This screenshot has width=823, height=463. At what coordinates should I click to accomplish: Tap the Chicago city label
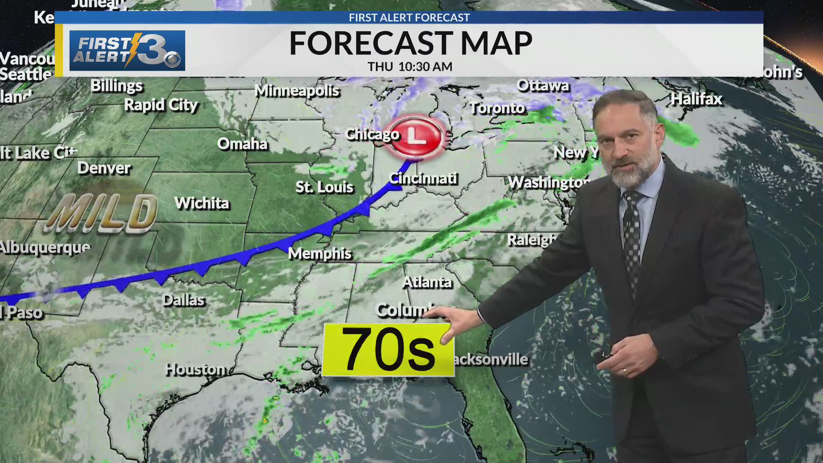[x=372, y=135]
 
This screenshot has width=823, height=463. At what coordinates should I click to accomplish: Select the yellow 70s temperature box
[x=387, y=350]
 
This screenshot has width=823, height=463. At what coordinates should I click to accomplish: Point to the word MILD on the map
[x=102, y=213]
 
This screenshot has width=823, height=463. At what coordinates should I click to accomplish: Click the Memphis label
[x=320, y=253]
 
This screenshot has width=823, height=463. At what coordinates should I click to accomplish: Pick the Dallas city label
[x=184, y=300]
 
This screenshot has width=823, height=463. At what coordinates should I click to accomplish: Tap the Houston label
[x=196, y=369]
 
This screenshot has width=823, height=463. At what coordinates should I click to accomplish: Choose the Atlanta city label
[x=427, y=282]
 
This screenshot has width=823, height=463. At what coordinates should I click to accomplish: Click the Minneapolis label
[x=297, y=91]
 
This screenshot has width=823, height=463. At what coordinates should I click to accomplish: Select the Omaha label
[x=242, y=144]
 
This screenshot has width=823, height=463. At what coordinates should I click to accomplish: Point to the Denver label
[x=104, y=168]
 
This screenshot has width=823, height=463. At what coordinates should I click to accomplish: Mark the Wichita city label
[x=202, y=203]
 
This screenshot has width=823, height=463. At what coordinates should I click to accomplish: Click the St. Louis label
[x=324, y=187]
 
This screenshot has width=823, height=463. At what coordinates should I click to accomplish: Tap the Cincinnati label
[x=424, y=178]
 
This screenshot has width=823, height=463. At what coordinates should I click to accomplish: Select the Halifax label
[x=697, y=99]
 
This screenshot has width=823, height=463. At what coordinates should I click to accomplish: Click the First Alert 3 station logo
[x=127, y=51]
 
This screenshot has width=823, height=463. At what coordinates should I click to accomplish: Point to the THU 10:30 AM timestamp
[x=410, y=67]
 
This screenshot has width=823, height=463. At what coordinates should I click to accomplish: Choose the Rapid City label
[x=161, y=105]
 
